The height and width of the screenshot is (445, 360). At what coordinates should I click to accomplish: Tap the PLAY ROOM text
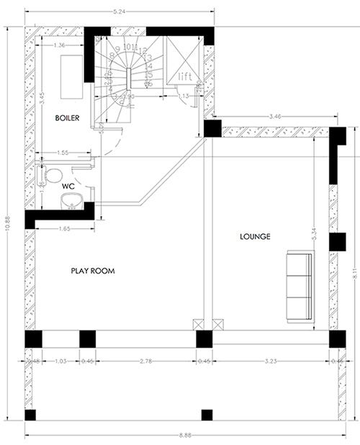(x=93, y=271)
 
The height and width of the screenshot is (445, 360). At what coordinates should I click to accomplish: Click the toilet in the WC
(x=52, y=175)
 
